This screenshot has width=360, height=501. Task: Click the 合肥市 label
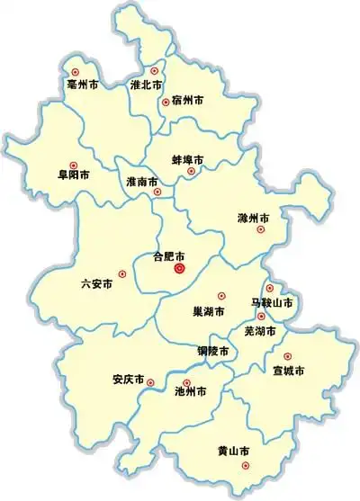[169, 255]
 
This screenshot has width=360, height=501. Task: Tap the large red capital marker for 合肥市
[179, 267]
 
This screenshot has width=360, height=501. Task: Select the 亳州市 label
[82, 85]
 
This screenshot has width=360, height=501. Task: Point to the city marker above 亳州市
[76, 70]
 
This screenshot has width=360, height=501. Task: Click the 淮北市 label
[146, 85]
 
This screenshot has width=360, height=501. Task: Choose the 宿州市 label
[187, 100]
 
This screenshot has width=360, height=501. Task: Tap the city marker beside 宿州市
[166, 103]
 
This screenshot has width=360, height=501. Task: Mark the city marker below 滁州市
[261, 229]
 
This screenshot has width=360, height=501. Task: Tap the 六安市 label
[96, 283]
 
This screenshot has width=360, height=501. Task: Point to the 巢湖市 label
[210, 311]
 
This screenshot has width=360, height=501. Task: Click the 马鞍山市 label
[272, 303]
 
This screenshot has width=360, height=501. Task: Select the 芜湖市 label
[261, 330]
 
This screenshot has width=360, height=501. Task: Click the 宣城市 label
[288, 370]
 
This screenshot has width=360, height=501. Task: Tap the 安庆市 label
[129, 379]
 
